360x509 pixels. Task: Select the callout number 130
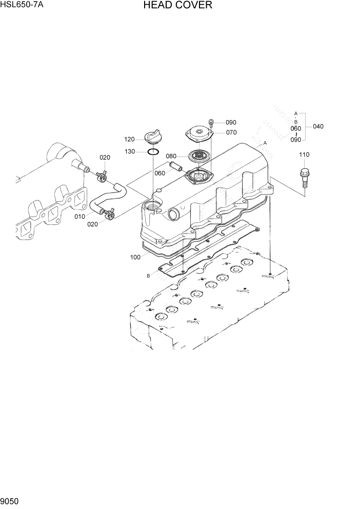(130, 151)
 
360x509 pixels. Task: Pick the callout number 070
(231, 132)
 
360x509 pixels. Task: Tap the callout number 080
(171, 156)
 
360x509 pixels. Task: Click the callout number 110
(304, 154)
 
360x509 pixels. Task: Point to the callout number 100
(135, 257)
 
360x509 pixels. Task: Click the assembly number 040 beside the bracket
(318, 126)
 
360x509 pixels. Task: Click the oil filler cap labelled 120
(153, 138)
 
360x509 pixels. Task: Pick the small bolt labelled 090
(211, 122)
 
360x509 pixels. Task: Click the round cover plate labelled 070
(199, 134)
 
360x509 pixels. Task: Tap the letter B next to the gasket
(148, 276)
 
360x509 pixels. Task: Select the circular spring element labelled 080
(199, 154)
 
